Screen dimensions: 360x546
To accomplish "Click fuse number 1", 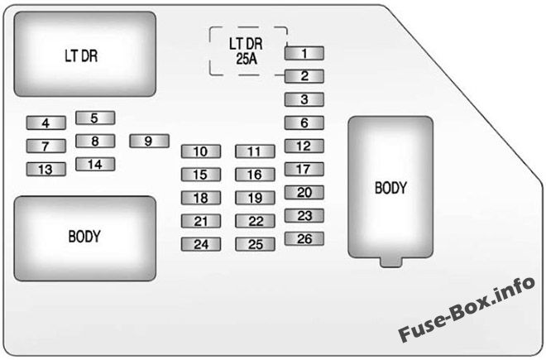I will pos(304,54).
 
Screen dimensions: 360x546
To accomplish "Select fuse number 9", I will pos(149,142).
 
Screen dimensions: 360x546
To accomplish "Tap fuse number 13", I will pos(45,170).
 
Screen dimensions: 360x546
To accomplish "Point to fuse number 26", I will pos(304,239).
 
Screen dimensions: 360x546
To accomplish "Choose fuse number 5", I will pos(94,118).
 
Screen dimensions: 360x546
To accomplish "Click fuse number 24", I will pos(201,244).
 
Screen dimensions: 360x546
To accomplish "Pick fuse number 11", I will pos(254,151).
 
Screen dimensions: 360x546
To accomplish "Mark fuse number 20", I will pos(304,193).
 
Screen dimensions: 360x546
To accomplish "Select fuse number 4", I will pos(45,123).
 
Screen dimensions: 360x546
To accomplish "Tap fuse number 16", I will pos(254,175).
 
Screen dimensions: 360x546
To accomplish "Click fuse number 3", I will pos(304,100).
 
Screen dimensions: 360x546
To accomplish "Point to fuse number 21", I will pos(201,221).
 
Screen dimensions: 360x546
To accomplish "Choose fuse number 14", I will pos(94,164).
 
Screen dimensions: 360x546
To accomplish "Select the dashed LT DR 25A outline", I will pos(247,50).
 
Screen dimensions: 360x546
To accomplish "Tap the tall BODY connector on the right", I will pos(390,188).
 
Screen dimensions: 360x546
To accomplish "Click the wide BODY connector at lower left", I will pos(84,236).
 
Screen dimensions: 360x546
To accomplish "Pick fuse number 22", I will pos(254,221).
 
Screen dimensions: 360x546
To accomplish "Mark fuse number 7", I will pos(45,146).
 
